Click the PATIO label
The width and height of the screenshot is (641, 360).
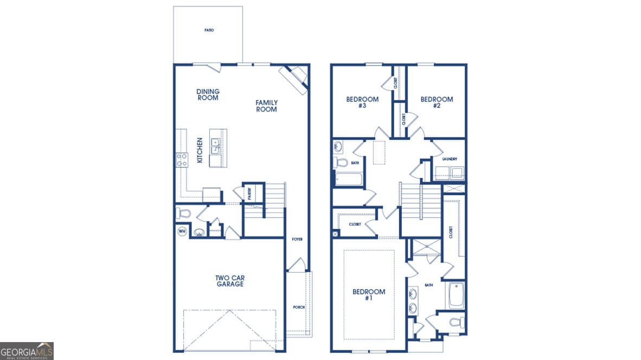coord(209,30)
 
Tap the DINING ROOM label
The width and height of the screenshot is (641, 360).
coord(208,95)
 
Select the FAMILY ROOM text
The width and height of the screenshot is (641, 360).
coord(266,106)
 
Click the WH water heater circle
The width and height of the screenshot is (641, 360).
coord(182,231)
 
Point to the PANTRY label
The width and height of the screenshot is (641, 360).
coord(249,194)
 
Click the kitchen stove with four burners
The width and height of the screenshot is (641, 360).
coord(181,160)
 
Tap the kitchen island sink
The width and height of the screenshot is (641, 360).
coord(215,146)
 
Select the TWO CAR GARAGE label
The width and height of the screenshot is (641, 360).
coord(229,281)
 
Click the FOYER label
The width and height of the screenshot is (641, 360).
coord(297,239)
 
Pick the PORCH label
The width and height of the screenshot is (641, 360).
coord(299,307)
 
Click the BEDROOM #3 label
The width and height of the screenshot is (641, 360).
coord(362,102)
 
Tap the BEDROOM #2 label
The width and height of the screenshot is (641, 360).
coord(437,102)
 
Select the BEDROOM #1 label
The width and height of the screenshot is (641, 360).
coord(369,295)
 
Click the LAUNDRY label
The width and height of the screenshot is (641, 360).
coord(450,159)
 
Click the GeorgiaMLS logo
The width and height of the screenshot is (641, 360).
coord(27,351)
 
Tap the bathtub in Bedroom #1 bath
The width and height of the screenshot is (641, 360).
coord(456,294)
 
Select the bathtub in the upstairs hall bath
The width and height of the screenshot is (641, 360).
coord(348,179)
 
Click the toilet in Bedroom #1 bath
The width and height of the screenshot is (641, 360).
coord(456,322)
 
